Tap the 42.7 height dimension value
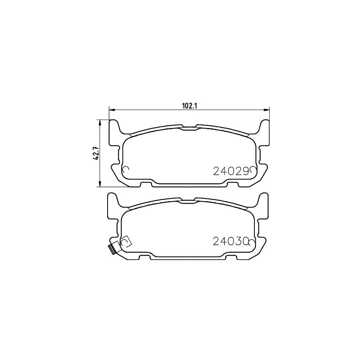click(x=96, y=153)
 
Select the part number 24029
click(x=229, y=171)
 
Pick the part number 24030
click(x=229, y=241)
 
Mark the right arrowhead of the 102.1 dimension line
click(x=267, y=109)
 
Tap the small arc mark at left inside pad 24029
click(x=125, y=170)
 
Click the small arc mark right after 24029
click(x=253, y=170)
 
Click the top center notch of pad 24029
click(x=189, y=128)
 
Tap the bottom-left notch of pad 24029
click(x=146, y=184)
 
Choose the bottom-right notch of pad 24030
click(x=232, y=255)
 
